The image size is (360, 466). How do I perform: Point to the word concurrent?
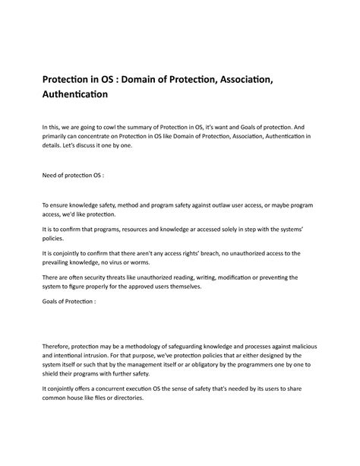point(114,387)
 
